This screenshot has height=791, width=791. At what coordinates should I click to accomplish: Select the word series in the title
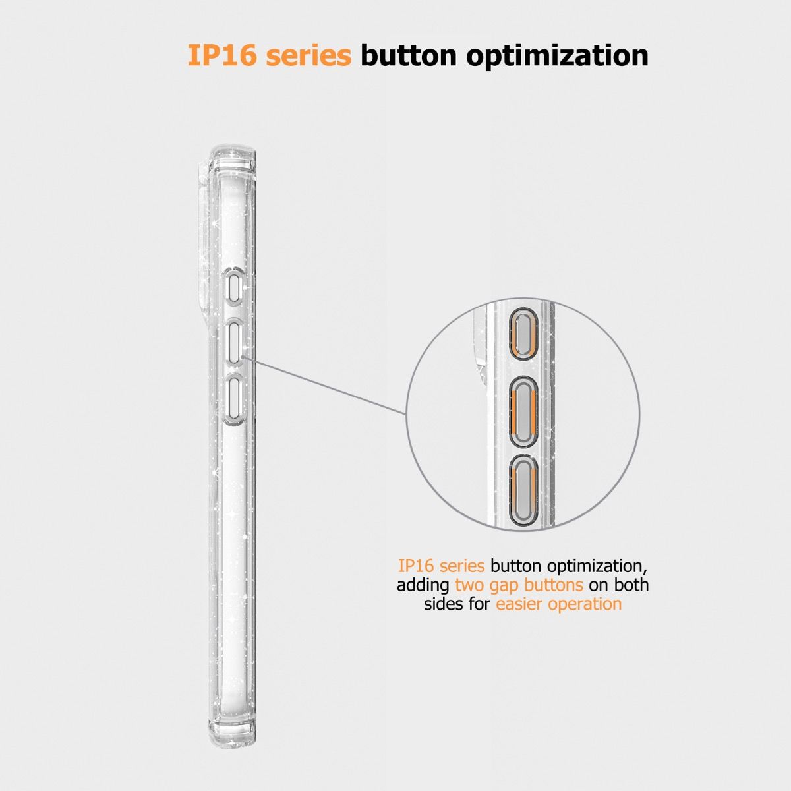(308, 56)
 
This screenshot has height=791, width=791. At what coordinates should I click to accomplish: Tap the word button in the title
(409, 55)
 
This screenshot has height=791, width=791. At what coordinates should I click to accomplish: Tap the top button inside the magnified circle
(523, 333)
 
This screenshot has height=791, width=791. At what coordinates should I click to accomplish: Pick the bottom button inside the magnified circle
(523, 490)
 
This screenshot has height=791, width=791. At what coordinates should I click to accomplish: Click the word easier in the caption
(519, 604)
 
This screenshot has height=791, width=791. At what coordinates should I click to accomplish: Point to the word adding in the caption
(423, 585)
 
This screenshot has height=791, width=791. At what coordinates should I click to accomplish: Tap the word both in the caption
(631, 585)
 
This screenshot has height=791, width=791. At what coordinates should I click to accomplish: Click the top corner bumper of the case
(233, 158)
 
